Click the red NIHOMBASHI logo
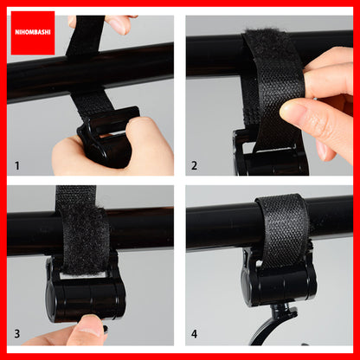(33, 33)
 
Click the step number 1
(17, 166)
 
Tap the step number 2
(195, 166)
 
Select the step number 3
(17, 334)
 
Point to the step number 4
(195, 334)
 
